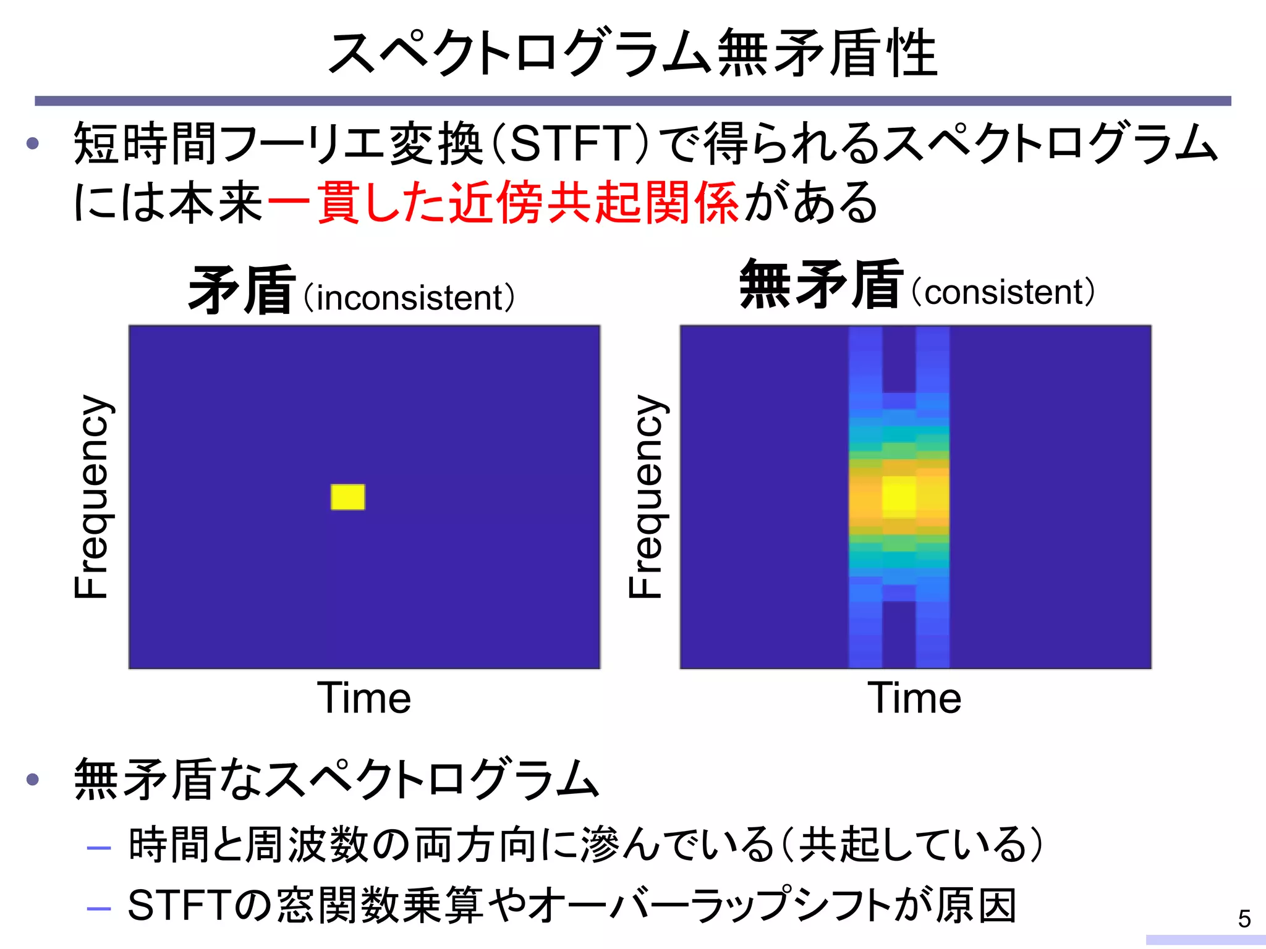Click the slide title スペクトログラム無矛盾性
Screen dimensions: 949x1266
(632, 54)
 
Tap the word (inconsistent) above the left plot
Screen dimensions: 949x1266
(409, 298)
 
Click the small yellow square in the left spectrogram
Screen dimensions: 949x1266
(347, 497)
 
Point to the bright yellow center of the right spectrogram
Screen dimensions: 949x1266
(899, 496)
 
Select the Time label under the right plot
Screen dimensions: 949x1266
(914, 698)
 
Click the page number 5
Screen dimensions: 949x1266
(1244, 919)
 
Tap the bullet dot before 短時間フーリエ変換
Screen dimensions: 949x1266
(33, 144)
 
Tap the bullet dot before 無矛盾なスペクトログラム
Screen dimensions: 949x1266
(33, 779)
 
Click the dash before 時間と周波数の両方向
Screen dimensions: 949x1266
(99, 848)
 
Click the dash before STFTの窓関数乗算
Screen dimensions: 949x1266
(99, 908)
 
